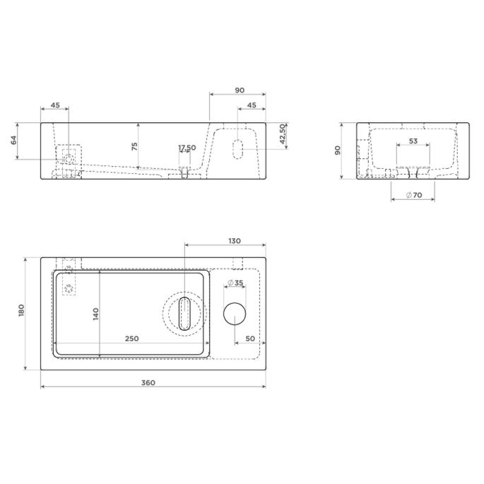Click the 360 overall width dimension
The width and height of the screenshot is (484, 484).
tap(148, 383)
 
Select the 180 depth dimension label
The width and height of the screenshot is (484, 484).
tap(21, 310)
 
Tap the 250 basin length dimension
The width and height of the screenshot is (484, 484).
tap(132, 338)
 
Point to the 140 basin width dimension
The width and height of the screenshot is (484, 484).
tap(96, 314)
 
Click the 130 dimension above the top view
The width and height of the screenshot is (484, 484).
tap(235, 241)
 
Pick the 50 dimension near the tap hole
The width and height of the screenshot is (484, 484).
tap(250, 338)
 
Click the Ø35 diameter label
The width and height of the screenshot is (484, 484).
tap(235, 283)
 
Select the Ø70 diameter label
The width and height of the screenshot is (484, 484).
tap(414, 195)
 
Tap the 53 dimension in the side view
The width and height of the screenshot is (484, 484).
tap(413, 141)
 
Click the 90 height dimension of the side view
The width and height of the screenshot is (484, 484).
tap(338, 150)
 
